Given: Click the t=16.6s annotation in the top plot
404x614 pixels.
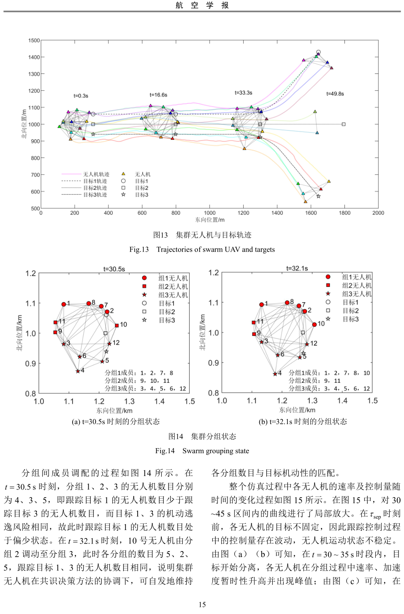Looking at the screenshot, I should coord(158,95).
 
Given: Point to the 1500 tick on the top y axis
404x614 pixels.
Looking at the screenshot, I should coord(34,41).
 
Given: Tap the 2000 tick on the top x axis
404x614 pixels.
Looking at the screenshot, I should coord(378,213).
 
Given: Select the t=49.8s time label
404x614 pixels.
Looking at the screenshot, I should coord(335,94).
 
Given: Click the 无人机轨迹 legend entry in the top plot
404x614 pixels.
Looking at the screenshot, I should coord(96,174).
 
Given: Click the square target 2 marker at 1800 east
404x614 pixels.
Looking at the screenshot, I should coord(344,124).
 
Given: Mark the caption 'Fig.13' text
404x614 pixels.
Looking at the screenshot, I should coord(139,249).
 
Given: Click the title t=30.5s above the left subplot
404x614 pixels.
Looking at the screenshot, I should coord(114,269).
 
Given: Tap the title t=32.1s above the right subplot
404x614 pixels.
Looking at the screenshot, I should coord(297,268).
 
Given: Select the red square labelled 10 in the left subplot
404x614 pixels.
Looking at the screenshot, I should coord(117,325).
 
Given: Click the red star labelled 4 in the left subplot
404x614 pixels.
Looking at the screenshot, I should coord(78,371).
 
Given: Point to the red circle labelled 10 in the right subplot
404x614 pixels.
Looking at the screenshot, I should coord(315,325).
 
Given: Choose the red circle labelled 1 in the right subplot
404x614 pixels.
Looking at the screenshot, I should coord(262,304).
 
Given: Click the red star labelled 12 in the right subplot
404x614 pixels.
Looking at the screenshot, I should coord(307,344).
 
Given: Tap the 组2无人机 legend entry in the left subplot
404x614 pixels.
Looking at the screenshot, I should coord(173,287).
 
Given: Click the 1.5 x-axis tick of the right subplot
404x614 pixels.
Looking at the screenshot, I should coord(372,401).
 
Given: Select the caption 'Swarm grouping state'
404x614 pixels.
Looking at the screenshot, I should coord(215,451).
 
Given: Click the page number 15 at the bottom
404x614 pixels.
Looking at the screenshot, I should coord(202,604).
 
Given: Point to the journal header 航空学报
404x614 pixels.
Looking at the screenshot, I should coord(202,5).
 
